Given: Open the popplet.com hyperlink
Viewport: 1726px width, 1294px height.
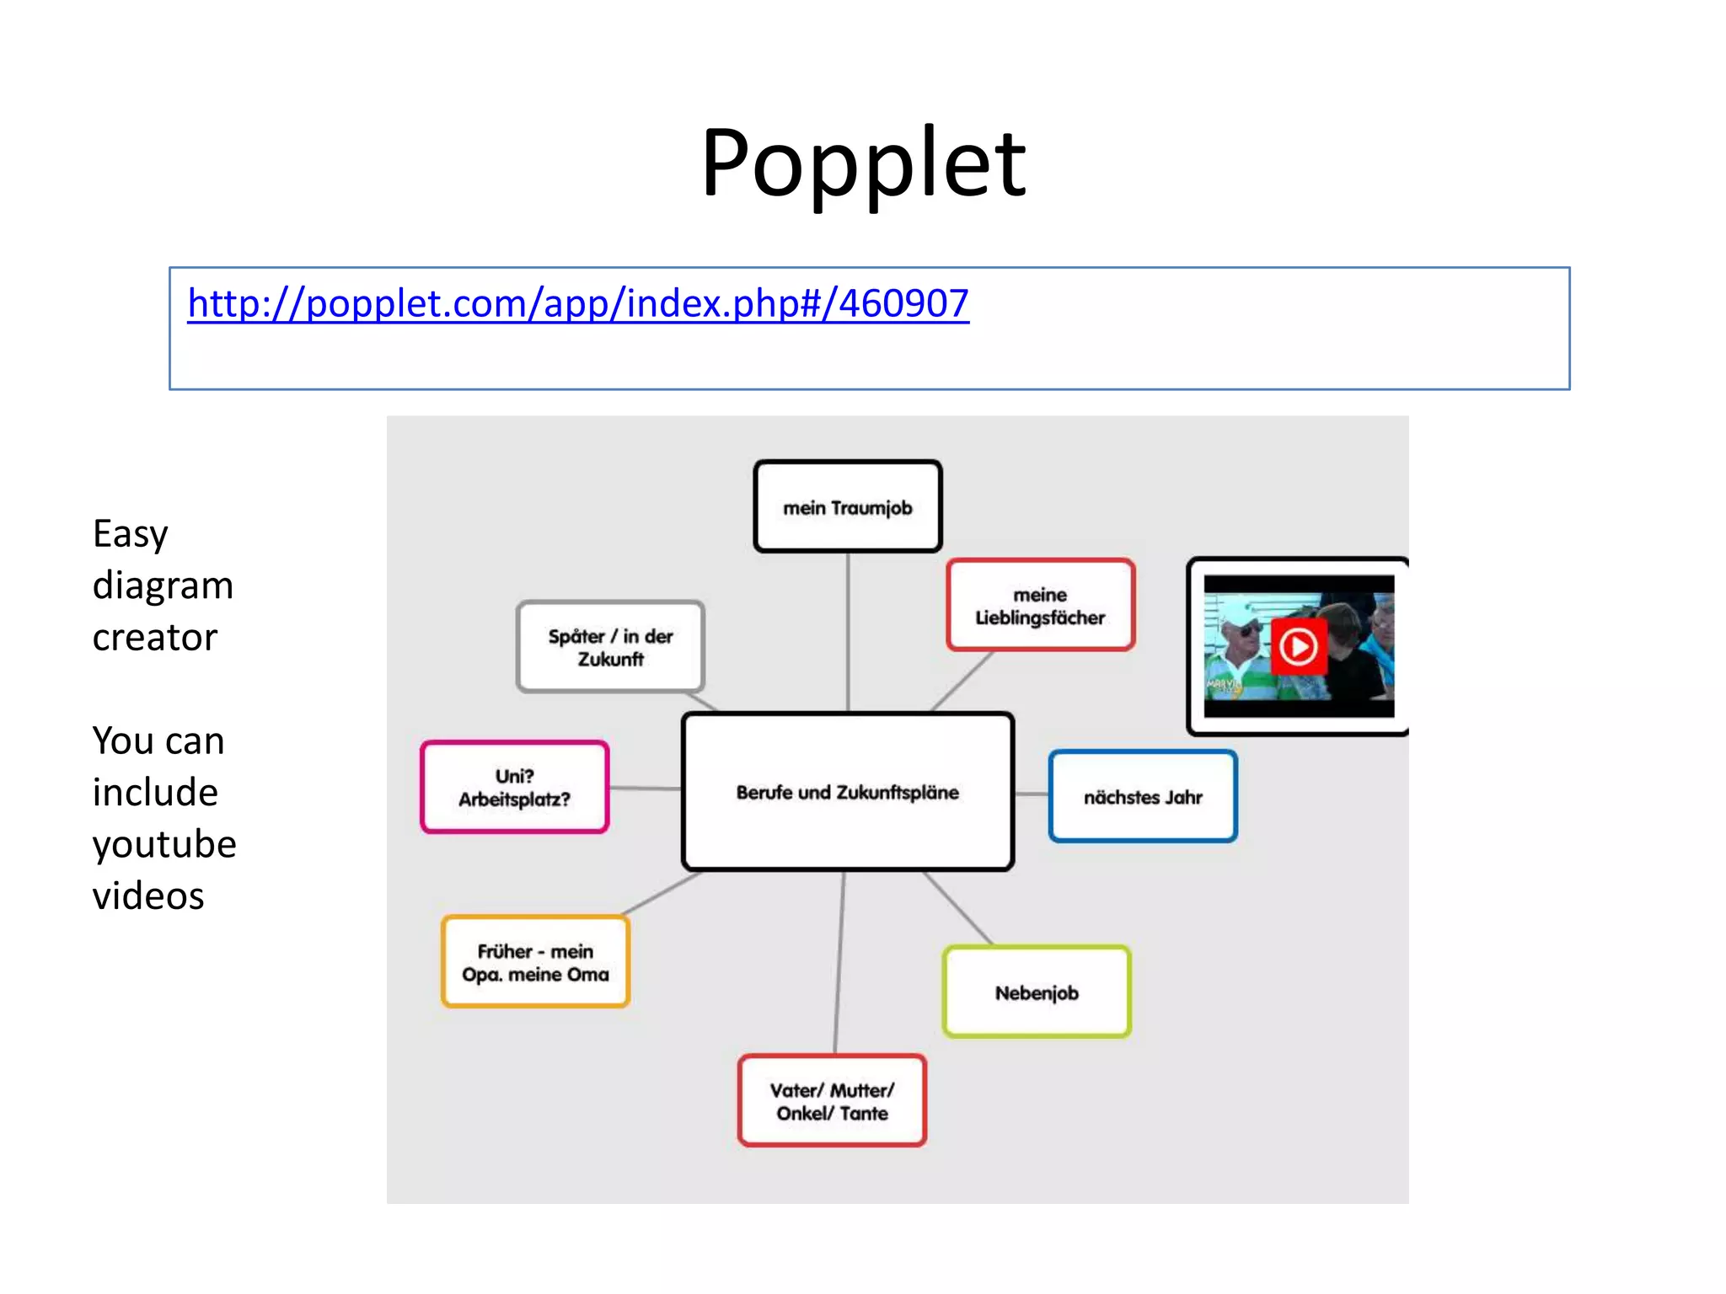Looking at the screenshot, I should tap(578, 303).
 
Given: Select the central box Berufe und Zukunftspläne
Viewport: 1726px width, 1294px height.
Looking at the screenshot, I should tap(847, 792).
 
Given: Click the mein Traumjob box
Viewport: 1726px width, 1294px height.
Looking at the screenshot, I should tap(847, 507).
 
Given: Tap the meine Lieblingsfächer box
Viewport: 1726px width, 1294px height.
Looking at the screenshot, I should tap(1040, 606).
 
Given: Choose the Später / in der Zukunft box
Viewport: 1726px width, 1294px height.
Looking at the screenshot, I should tap(610, 647).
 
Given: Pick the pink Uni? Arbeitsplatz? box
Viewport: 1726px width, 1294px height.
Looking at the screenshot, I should tap(514, 787).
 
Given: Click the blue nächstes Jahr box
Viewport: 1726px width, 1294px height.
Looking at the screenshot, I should tap(1143, 796).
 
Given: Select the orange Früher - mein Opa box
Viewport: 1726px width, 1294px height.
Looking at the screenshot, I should tap(535, 962).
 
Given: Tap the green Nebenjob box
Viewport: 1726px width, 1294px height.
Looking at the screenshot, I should tap(1037, 992).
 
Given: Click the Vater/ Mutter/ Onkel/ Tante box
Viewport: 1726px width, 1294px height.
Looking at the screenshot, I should tap(832, 1101).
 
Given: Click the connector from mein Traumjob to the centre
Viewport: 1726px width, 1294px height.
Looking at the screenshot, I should tap(848, 632).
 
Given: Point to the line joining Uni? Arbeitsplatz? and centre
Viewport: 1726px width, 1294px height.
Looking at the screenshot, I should tap(645, 789).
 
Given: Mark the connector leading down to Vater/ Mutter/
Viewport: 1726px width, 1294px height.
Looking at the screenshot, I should tap(839, 960).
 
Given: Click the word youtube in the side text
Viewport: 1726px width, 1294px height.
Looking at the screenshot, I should tap(164, 844).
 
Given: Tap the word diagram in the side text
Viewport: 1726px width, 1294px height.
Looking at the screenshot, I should tap(163, 586).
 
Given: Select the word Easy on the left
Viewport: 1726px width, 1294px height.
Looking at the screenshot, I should tap(131, 534).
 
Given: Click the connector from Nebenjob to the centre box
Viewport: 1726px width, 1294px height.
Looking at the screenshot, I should tap(958, 908).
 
